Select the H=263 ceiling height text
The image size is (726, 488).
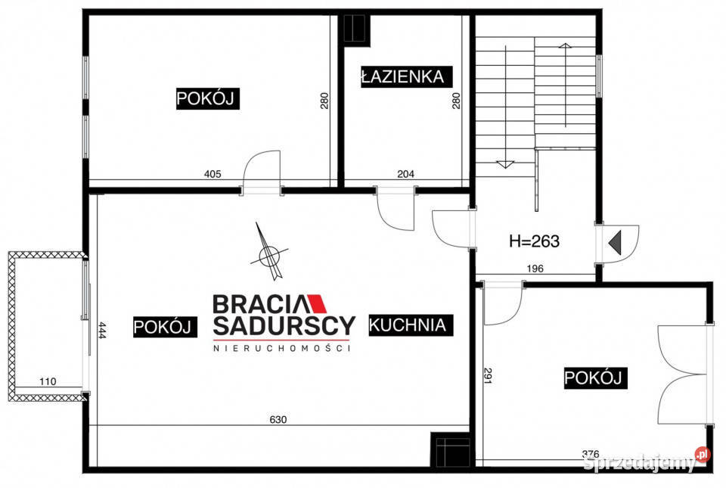point(535,241)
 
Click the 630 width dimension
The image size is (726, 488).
point(278,419)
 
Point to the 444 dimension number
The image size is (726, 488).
point(102,331)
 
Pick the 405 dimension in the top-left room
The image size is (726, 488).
point(213,174)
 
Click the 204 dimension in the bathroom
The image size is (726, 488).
point(405,174)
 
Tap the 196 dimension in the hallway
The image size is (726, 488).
point(535,269)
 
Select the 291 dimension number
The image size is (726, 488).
point(488,375)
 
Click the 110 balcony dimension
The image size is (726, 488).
point(48,381)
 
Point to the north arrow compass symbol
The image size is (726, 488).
point(268,253)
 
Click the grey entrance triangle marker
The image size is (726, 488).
point(615,242)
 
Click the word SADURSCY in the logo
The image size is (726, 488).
point(284,325)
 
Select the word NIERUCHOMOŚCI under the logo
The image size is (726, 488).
point(281,348)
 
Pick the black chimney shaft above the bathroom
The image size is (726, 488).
point(356,30)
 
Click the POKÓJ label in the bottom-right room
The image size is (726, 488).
point(595,378)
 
